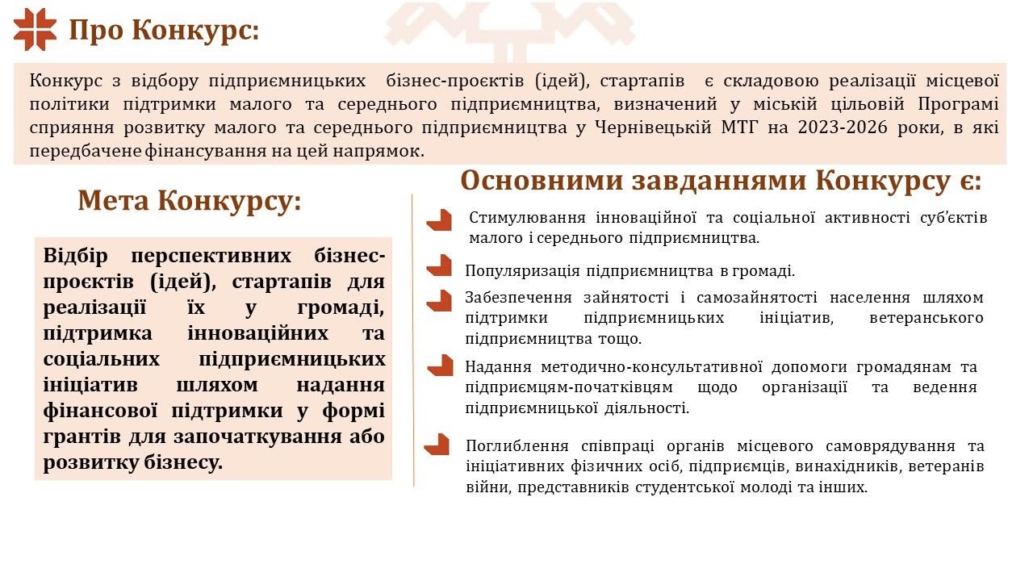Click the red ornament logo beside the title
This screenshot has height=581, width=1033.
tap(35, 30)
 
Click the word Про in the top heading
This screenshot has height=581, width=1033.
tap(96, 31)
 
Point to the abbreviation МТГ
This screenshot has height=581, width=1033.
tap(740, 127)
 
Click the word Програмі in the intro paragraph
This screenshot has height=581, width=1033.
tap(958, 104)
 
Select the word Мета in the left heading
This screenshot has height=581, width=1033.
tap(114, 201)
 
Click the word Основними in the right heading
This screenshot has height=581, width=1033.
tap(542, 180)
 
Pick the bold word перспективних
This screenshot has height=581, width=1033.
tap(211, 256)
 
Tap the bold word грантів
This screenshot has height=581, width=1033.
tap(82, 437)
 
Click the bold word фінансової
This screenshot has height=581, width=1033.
tap(101, 411)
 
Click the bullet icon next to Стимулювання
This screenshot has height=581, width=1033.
tap(439, 219)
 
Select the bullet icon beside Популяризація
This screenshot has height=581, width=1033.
tap(439, 265)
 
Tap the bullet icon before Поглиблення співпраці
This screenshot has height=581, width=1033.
tap(437, 445)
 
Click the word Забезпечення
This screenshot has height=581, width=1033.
tap(518, 298)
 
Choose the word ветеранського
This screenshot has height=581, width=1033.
tap(926, 318)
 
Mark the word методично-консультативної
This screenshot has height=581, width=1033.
tap(651, 367)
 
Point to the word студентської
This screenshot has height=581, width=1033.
tap(684, 487)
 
